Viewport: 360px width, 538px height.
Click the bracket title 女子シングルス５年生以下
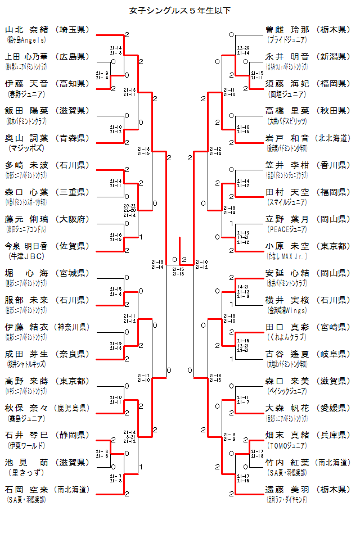tap(179, 10)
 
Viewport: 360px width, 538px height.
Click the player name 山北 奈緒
tap(27, 30)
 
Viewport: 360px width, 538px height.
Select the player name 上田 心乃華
tap(27, 57)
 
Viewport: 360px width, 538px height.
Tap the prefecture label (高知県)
tap(73, 84)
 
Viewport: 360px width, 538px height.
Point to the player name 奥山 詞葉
tap(27, 138)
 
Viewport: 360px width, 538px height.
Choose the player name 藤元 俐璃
tap(27, 219)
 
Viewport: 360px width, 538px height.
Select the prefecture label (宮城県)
tap(73, 273)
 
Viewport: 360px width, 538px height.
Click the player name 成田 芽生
tap(27, 354)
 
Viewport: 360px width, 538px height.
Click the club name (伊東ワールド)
tap(26, 445)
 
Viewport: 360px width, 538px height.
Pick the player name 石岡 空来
tap(27, 489)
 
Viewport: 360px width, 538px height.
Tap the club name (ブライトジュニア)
tap(287, 40)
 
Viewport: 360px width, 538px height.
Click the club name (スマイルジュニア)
tap(287, 202)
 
